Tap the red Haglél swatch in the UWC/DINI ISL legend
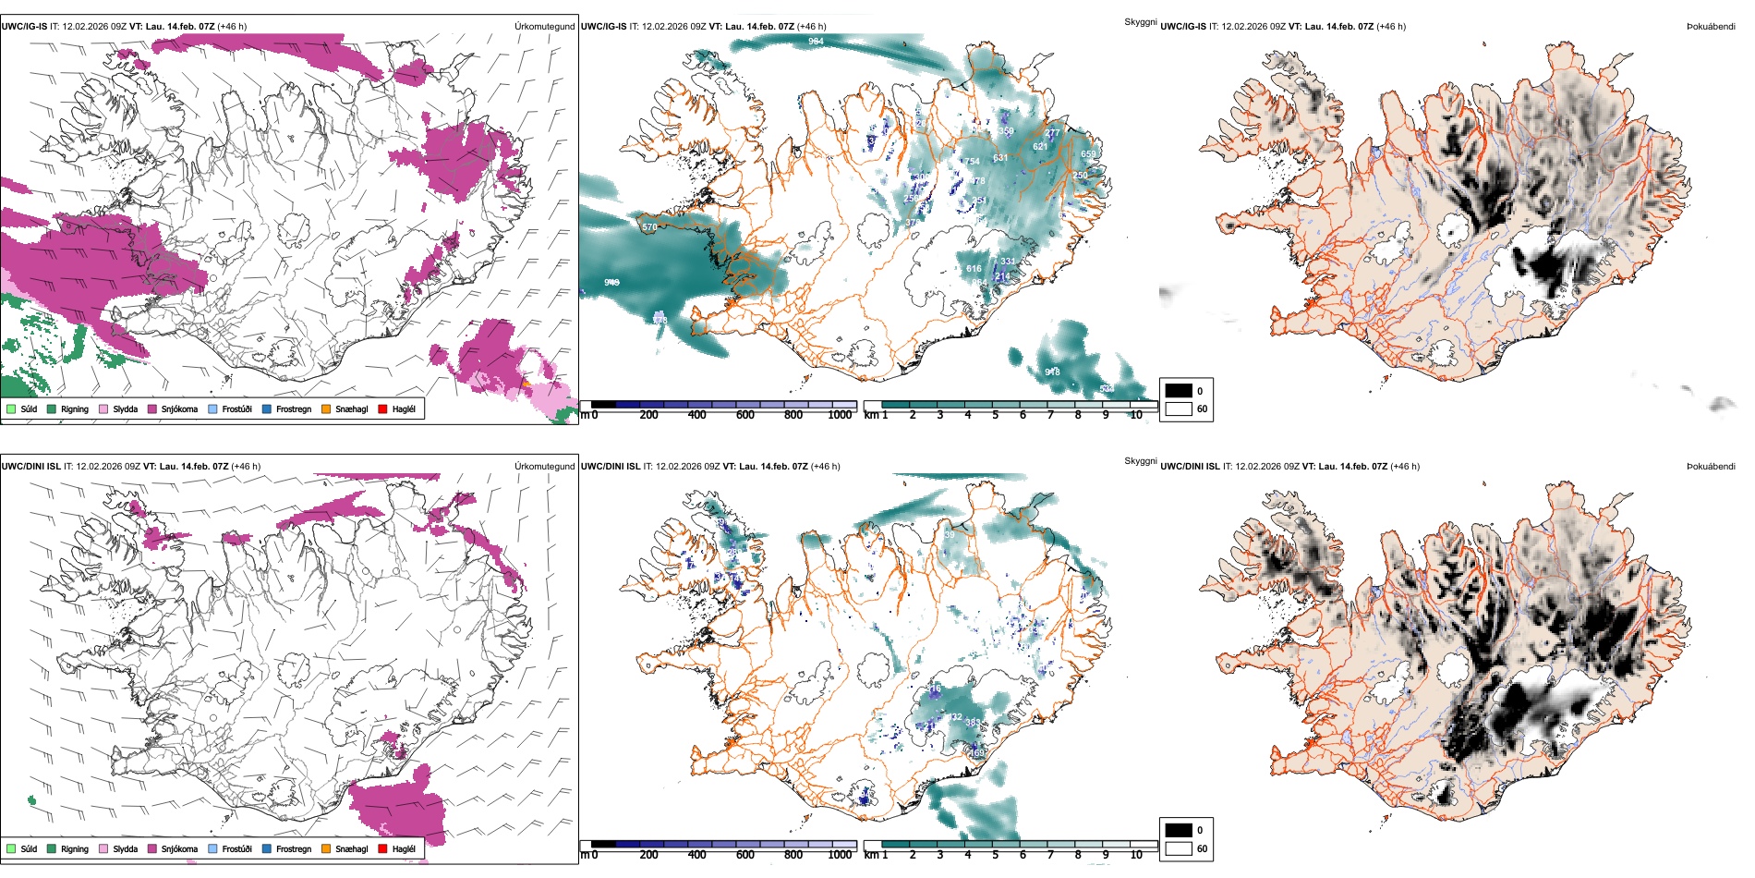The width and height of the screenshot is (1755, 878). click(382, 848)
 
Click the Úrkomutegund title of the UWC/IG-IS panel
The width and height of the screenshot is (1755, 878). click(544, 27)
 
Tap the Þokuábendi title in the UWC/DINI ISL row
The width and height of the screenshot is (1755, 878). click(1711, 467)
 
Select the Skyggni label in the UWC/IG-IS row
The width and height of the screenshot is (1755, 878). click(1140, 21)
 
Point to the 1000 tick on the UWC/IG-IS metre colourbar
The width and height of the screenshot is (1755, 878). click(840, 415)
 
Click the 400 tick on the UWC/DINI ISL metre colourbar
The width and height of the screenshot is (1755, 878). click(696, 855)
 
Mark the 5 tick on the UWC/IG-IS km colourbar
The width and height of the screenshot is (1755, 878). click(995, 415)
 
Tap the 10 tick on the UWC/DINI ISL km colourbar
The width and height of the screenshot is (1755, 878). click(1136, 855)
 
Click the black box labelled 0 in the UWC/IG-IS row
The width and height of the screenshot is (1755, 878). click(1179, 391)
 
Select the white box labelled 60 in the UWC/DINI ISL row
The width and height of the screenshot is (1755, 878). click(1179, 848)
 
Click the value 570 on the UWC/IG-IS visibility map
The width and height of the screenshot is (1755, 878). click(649, 226)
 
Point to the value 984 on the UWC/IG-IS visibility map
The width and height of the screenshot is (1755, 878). click(816, 42)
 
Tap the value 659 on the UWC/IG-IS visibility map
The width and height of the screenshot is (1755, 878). click(1088, 154)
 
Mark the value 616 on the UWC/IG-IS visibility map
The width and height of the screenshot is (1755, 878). click(974, 269)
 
